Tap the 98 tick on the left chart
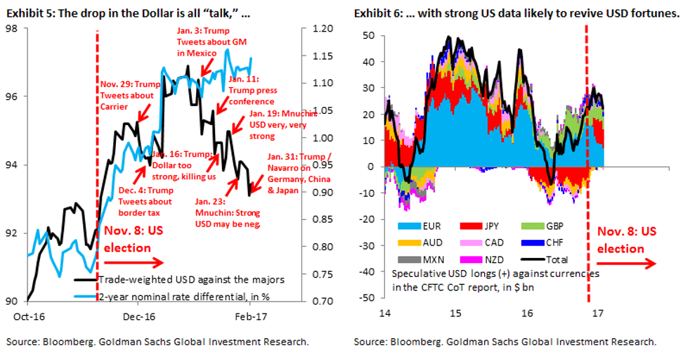pyautogui.click(x=12, y=28)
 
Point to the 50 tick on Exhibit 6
pyautogui.click(x=367, y=35)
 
